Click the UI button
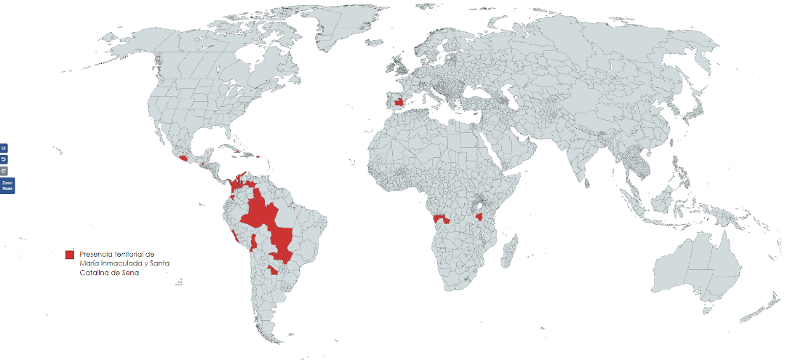[4, 148]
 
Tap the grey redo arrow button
[4, 170]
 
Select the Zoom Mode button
[7, 185]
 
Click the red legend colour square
[70, 254]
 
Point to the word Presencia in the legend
[95, 254]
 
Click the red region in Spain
[398, 102]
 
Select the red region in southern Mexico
[183, 156]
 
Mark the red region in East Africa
[479, 217]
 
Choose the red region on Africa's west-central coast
[439, 218]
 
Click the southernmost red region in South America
[272, 270]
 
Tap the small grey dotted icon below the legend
[179, 281]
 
